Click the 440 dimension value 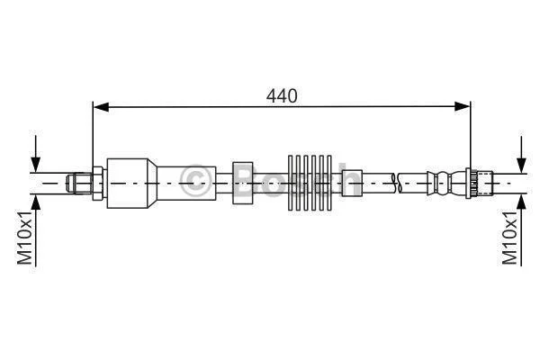click(282, 96)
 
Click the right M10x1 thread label click(509, 238)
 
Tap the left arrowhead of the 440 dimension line click(101, 107)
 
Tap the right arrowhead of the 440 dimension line click(463, 107)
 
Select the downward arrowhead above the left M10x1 click(35, 164)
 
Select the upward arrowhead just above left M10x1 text click(35, 202)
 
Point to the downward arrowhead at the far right click(522, 165)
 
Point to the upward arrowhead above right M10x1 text click(522, 202)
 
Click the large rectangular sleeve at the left click(128, 184)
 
